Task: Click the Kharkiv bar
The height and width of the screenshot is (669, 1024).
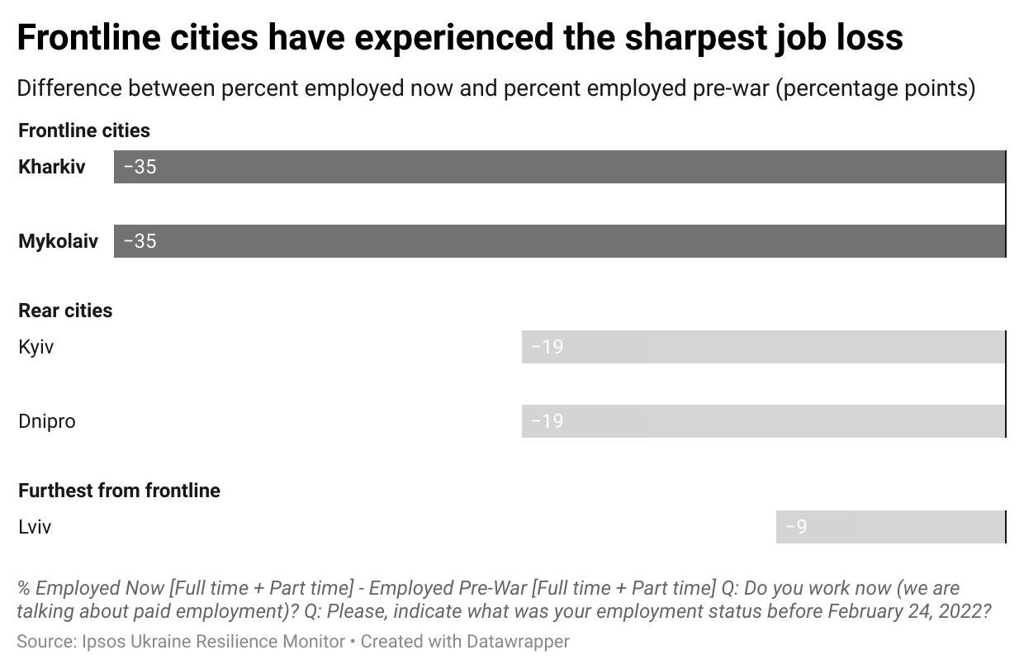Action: (x=560, y=167)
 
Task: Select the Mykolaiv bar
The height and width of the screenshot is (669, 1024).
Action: (x=560, y=241)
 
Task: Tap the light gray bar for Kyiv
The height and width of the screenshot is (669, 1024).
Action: (x=764, y=347)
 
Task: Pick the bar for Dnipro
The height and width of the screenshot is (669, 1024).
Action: (x=764, y=421)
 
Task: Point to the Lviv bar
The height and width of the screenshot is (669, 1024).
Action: (x=891, y=527)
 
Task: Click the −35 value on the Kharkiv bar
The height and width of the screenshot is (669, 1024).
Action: (x=140, y=167)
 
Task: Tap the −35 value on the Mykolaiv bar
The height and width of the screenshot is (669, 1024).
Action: (x=140, y=241)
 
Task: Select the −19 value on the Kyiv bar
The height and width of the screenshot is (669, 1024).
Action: (x=547, y=347)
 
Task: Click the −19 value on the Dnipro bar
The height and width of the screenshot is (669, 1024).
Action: (x=547, y=421)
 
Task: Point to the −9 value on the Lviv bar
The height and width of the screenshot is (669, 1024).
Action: (x=796, y=527)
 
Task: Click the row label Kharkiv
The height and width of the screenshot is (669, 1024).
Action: (x=52, y=167)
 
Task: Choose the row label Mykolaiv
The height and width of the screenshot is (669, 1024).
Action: (x=58, y=241)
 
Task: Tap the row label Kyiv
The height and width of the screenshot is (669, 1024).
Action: (x=36, y=347)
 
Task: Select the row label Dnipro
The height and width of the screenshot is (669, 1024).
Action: (x=47, y=421)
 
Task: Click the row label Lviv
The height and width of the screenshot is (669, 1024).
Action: (x=35, y=527)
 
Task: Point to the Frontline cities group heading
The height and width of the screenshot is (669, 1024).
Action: (x=84, y=130)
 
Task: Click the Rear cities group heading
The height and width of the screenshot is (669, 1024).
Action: (x=65, y=311)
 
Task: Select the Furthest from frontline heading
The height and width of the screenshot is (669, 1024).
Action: (x=120, y=491)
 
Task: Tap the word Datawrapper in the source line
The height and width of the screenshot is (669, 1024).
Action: (x=519, y=641)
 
